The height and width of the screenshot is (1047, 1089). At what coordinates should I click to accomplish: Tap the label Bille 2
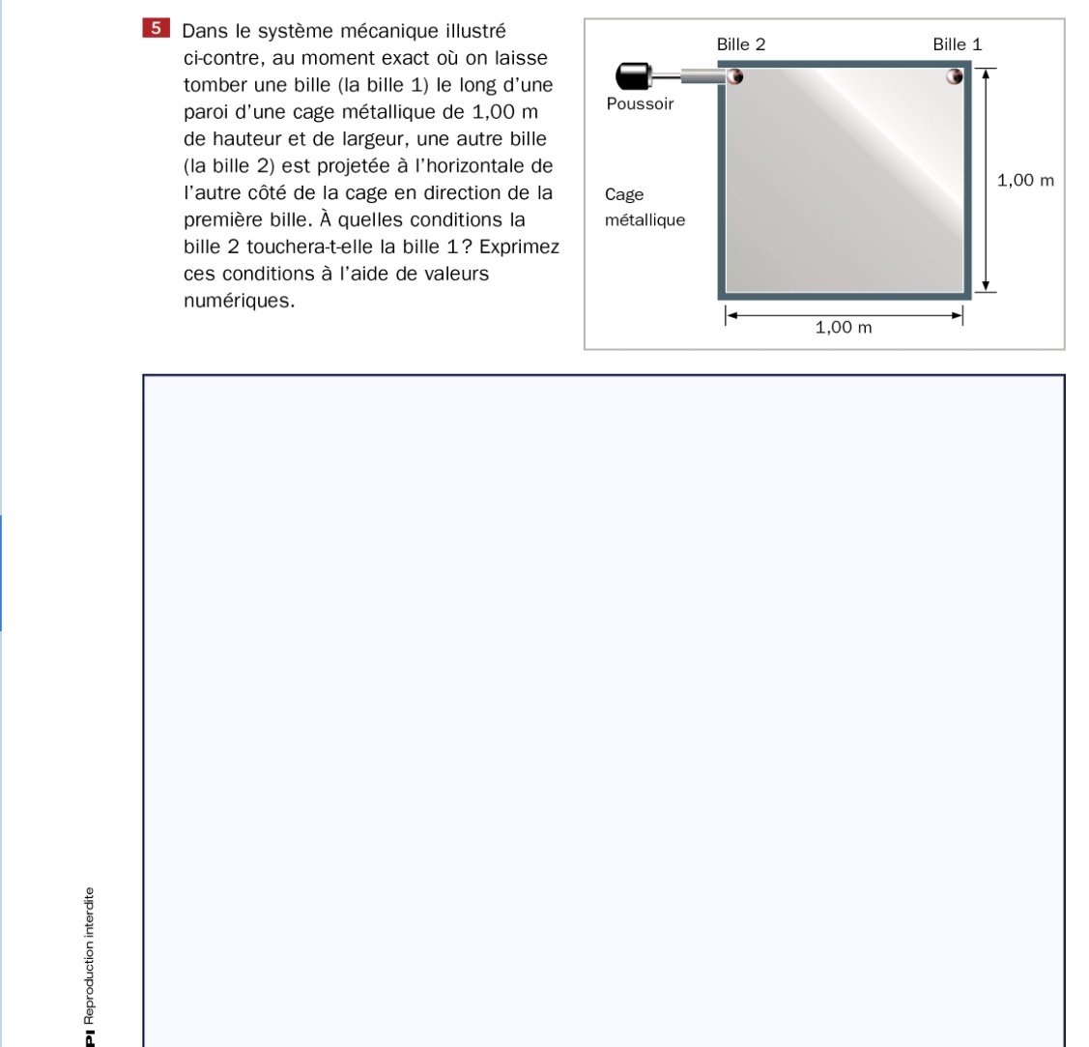click(741, 44)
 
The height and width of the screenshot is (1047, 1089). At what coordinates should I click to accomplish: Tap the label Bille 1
click(957, 44)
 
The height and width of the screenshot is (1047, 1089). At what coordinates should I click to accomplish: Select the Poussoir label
click(640, 103)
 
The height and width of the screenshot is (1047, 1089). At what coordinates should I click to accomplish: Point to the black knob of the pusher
click(633, 75)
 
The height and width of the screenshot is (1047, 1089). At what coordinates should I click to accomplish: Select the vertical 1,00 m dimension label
click(1024, 180)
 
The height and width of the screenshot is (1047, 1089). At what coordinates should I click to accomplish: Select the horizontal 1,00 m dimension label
click(844, 328)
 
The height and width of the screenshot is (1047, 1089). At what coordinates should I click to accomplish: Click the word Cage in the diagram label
click(624, 194)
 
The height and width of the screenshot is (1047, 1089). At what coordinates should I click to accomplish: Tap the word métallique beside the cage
click(645, 220)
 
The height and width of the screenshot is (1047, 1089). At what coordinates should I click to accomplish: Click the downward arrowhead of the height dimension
click(985, 284)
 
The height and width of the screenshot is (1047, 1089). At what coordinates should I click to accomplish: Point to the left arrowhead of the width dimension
click(731, 314)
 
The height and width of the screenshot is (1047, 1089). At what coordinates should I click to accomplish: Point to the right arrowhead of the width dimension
click(959, 314)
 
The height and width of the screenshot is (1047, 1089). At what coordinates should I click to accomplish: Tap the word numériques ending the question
click(239, 301)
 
